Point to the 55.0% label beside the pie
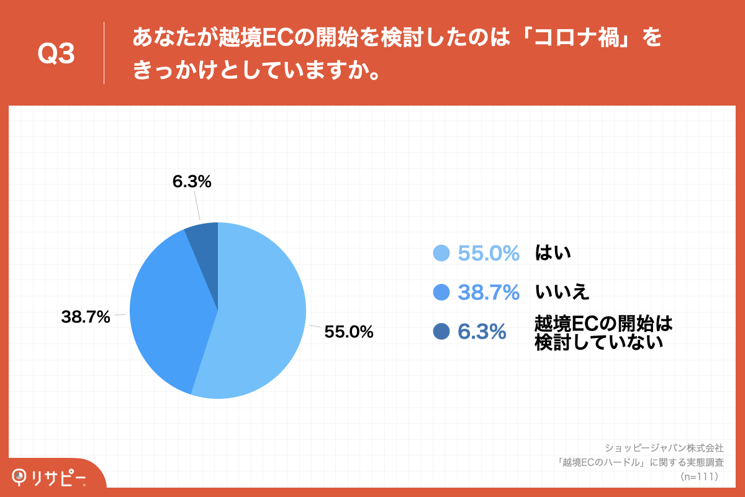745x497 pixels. point(349,332)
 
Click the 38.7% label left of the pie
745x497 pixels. point(86,317)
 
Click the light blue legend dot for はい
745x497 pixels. point(441,253)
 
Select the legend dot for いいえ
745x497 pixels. point(441,292)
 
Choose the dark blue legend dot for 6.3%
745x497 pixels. point(441,332)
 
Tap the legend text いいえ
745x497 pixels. point(562,291)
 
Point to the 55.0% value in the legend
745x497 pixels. point(488,253)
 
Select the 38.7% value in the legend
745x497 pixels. point(488,292)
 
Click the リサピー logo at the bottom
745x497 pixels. point(50,477)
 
